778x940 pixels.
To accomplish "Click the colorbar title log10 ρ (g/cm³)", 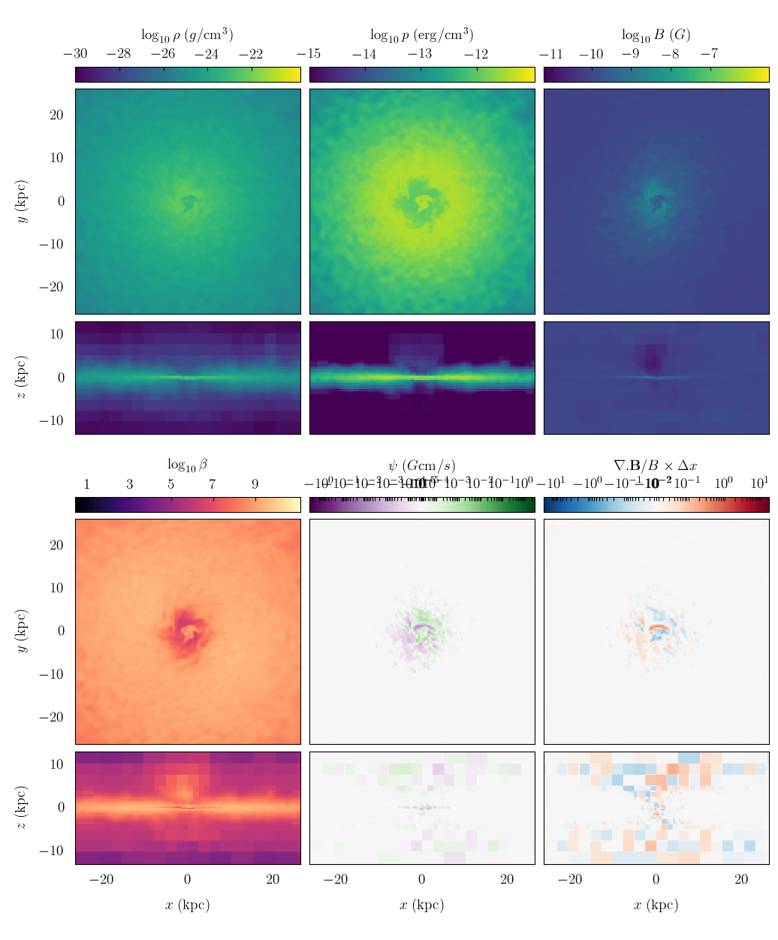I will pos(187,35).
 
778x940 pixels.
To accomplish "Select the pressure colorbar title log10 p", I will pos(421,35).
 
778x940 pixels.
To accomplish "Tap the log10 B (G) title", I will pos(656,35).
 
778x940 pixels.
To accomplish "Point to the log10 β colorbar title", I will pos(187,465).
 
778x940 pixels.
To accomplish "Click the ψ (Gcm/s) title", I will pos(421,465).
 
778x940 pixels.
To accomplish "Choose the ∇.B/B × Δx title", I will pos(656,465).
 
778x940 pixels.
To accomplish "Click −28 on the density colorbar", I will pos(119,54).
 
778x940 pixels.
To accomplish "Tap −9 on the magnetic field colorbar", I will pos(630,54).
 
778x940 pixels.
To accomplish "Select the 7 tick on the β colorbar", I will pos(213,484).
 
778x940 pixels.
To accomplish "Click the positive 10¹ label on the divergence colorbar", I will pos(760,484).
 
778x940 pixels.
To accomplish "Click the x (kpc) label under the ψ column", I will pos(421,905).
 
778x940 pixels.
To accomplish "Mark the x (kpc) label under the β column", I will pos(187,905).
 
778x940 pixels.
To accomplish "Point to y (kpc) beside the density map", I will pos(23,201).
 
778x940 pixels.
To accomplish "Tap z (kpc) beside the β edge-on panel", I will pos(23,808).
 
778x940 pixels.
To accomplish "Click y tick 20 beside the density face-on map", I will pos(57,115).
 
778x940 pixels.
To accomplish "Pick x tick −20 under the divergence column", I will pos(570,880).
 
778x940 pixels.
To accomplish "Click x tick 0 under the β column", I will pos(188,880).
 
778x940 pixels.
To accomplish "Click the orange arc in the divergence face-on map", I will pos(659,626).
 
